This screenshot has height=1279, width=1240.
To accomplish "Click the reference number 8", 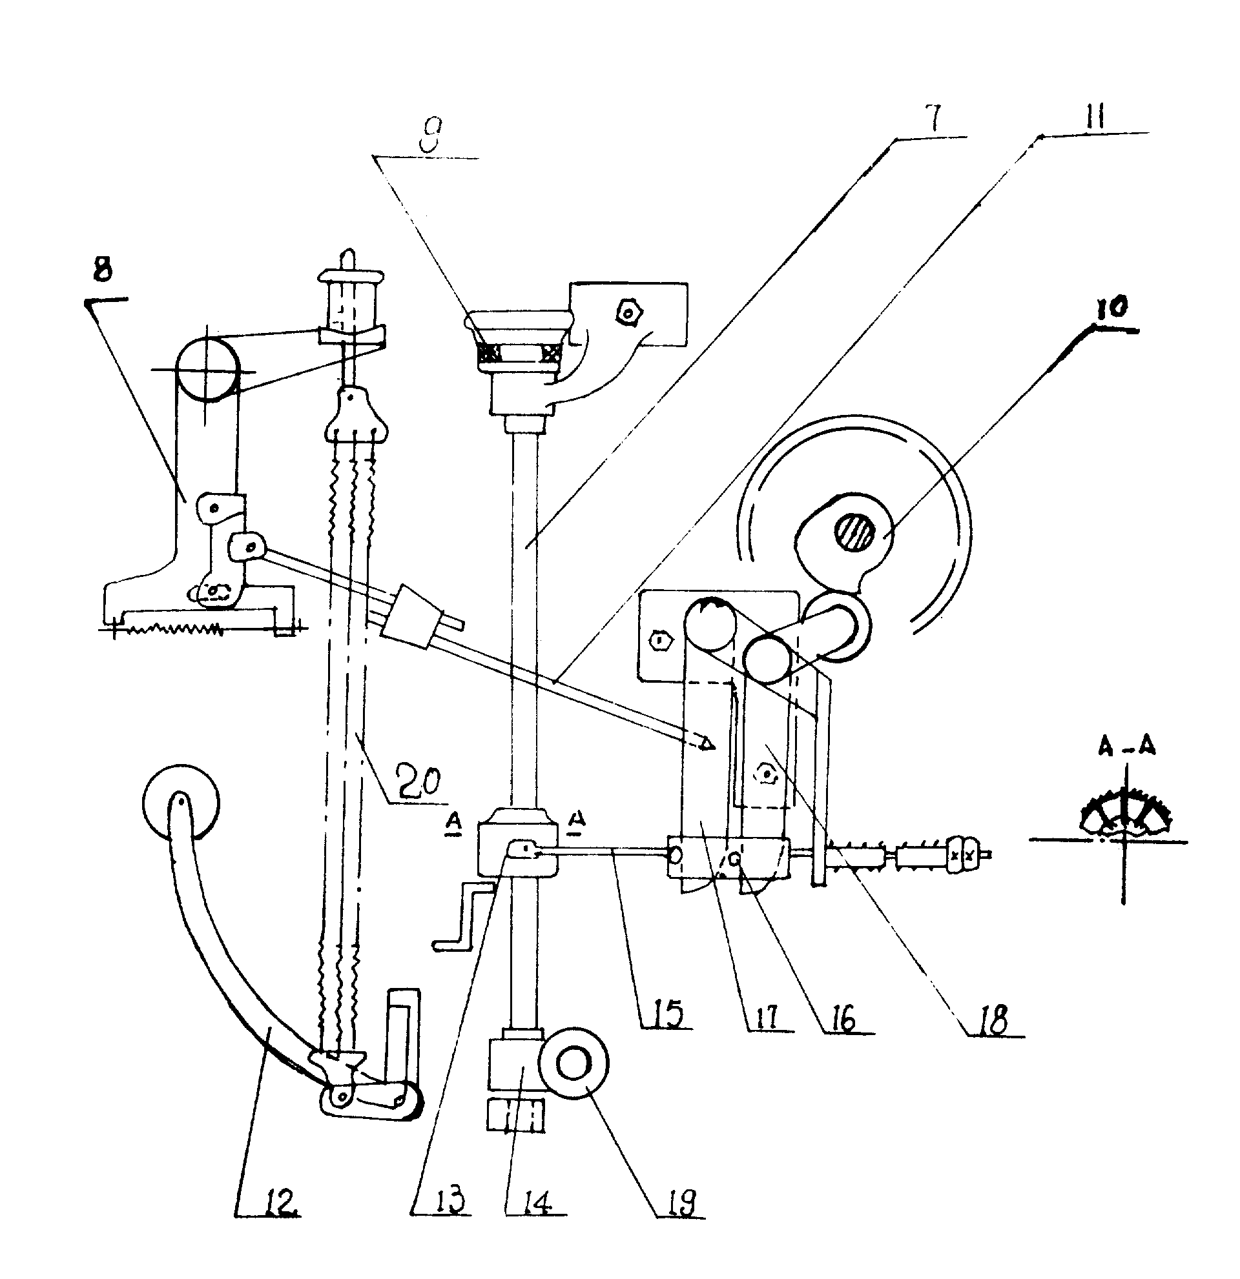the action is click(102, 270).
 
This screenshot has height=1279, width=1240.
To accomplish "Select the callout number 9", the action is click(429, 136).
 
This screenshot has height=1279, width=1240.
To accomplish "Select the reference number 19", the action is click(682, 1202).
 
